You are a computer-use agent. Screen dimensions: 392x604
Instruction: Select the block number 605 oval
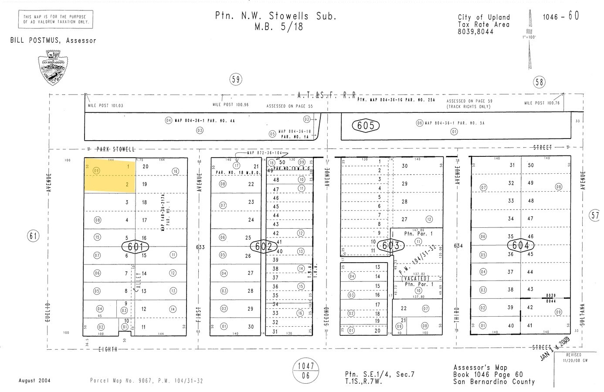[x=366, y=125]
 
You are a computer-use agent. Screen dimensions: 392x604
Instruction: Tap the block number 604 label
[x=520, y=245]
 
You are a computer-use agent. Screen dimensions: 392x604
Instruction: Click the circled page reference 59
[x=236, y=80]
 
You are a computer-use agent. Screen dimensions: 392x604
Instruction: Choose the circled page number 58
[x=539, y=82]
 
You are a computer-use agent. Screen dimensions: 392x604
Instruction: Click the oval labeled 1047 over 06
[x=306, y=371]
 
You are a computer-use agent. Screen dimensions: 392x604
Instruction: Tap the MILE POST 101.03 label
[x=105, y=105]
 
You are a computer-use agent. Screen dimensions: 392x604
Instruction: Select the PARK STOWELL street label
[x=115, y=149]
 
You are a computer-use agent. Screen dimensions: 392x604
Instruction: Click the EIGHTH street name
[x=107, y=349]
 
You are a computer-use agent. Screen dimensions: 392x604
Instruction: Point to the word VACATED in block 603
[x=415, y=278]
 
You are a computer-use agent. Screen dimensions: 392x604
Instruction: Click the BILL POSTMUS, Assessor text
[x=53, y=41]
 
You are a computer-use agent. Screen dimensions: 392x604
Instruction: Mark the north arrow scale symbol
[x=530, y=39]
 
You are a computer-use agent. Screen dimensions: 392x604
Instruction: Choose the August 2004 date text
[x=34, y=380]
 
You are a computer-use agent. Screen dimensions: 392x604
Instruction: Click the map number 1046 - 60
[x=561, y=17]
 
